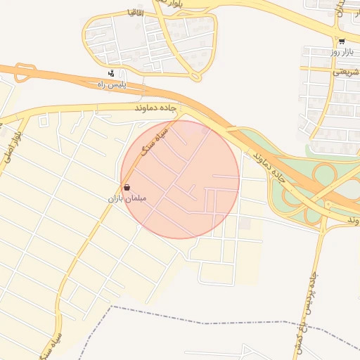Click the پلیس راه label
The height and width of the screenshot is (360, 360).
(110, 84)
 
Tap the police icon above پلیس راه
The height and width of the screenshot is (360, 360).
(110, 73)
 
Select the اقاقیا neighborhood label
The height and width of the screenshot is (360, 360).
(115, 12)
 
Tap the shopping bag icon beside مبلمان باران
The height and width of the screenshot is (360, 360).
(127, 188)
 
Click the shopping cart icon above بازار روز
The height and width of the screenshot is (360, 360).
(341, 41)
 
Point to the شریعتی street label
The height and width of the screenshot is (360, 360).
(345, 71)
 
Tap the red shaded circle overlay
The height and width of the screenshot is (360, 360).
(180, 179)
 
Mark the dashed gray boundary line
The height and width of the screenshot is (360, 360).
(211, 316)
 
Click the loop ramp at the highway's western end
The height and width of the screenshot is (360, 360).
(25, 72)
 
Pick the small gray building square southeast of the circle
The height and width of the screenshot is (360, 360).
(244, 223)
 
